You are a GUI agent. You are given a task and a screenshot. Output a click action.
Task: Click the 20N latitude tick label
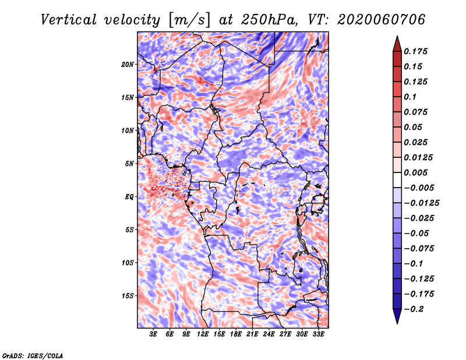128,65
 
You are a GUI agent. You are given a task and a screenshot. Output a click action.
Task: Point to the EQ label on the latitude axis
129,197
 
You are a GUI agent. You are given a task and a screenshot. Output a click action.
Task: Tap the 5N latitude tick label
129,164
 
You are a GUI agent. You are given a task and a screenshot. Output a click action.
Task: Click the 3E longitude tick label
153,334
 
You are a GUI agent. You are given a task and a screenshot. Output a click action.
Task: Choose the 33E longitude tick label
318,334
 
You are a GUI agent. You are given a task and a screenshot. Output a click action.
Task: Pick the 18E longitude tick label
236,334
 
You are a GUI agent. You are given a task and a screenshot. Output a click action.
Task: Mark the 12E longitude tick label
203,334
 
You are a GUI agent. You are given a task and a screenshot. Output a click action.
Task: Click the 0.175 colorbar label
415,51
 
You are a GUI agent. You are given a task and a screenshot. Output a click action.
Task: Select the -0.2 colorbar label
414,309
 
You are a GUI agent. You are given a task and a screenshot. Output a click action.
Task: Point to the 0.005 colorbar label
415,172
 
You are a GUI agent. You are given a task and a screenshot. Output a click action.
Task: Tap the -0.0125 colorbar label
421,203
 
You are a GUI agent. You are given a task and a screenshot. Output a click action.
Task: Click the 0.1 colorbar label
410,97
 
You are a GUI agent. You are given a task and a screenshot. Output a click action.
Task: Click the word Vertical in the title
69,20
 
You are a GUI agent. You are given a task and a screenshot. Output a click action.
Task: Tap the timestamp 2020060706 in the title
382,20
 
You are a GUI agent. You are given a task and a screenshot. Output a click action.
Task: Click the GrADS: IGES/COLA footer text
33,355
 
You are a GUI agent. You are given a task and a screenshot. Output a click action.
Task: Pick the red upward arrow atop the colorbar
397,44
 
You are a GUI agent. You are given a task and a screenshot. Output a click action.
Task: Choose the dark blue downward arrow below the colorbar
397,316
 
